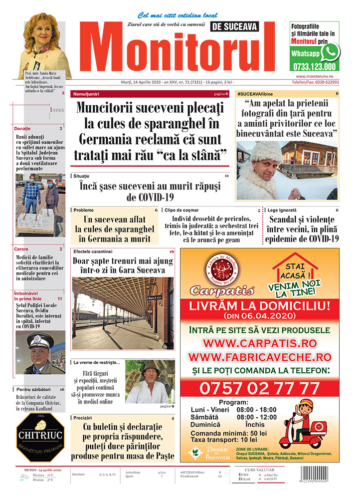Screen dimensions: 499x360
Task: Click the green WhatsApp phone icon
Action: click(x=330, y=52)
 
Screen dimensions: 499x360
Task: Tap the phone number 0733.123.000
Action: click(x=315, y=66)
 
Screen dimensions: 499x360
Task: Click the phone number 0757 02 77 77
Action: click(x=259, y=388)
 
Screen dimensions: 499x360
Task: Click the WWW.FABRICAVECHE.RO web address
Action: click(x=259, y=357)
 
